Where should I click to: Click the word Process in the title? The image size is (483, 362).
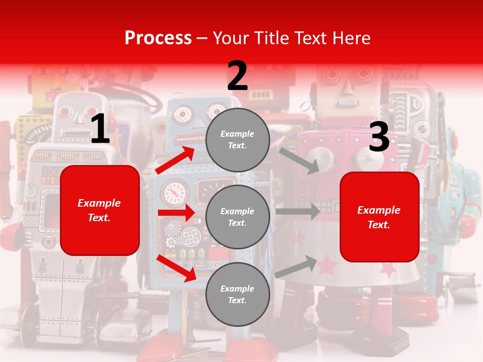[x=158, y=38]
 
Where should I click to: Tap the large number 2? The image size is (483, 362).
[x=237, y=76]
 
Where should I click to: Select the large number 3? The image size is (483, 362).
[x=379, y=137]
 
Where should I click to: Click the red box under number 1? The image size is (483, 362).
[x=100, y=210]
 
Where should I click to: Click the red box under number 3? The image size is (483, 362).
[x=379, y=217]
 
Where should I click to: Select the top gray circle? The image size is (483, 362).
[x=237, y=140]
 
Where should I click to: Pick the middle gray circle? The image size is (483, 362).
[x=237, y=217]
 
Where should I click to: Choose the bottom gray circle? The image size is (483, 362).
[x=237, y=294]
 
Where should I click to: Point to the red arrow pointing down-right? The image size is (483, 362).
[x=177, y=268]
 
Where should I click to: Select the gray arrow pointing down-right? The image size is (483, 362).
[x=299, y=160]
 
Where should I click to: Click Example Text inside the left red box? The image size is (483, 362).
[x=99, y=210]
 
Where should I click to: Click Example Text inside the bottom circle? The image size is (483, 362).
[x=237, y=295]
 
